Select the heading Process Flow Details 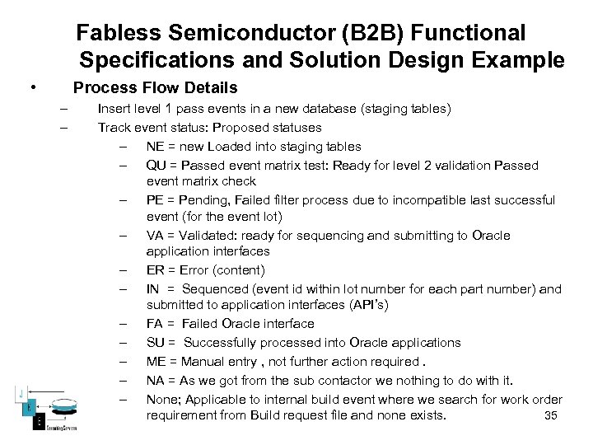point(155,87)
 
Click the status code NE point(155,147)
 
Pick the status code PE point(155,200)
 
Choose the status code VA point(155,236)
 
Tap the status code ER point(155,270)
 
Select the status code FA point(154,324)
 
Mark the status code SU point(155,343)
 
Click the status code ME point(156,361)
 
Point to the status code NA point(155,380)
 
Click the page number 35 point(552,415)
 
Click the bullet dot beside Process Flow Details point(31,88)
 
